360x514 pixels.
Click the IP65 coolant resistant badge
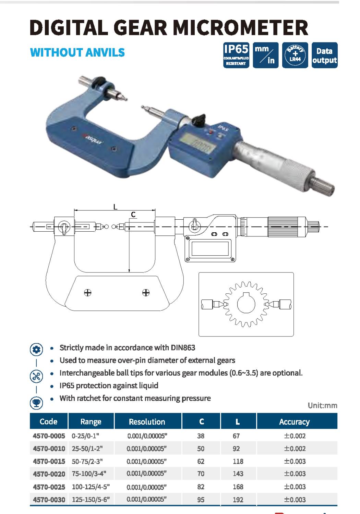tap(236, 55)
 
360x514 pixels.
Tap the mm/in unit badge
tap(266, 55)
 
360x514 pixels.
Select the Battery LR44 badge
tap(295, 55)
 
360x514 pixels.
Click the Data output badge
tap(324, 55)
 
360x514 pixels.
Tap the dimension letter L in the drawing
tap(115, 207)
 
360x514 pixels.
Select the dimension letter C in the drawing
tap(133, 215)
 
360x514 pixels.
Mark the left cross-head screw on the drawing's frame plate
tap(88, 293)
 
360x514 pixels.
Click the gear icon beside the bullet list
tap(36, 350)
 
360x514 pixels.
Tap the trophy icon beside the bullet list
tap(36, 403)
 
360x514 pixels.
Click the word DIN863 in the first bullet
tap(183, 348)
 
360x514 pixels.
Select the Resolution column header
tap(147, 421)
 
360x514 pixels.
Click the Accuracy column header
tap(295, 421)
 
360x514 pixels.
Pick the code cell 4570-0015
tap(49, 461)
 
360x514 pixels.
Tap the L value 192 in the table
tap(238, 500)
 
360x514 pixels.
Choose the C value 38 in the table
tap(201, 436)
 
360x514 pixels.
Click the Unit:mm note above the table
tap(323, 405)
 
